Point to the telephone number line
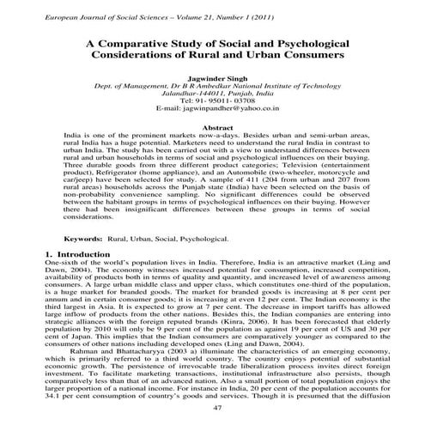212,100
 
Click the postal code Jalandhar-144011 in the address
185,90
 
